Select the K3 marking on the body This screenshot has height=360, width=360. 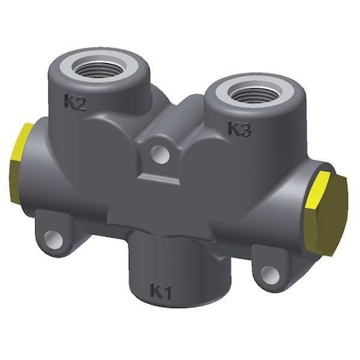click(x=239, y=128)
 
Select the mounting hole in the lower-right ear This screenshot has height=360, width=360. click(x=270, y=276)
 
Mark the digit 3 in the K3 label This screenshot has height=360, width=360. click(x=246, y=129)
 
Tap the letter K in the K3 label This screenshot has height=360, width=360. click(x=233, y=127)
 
